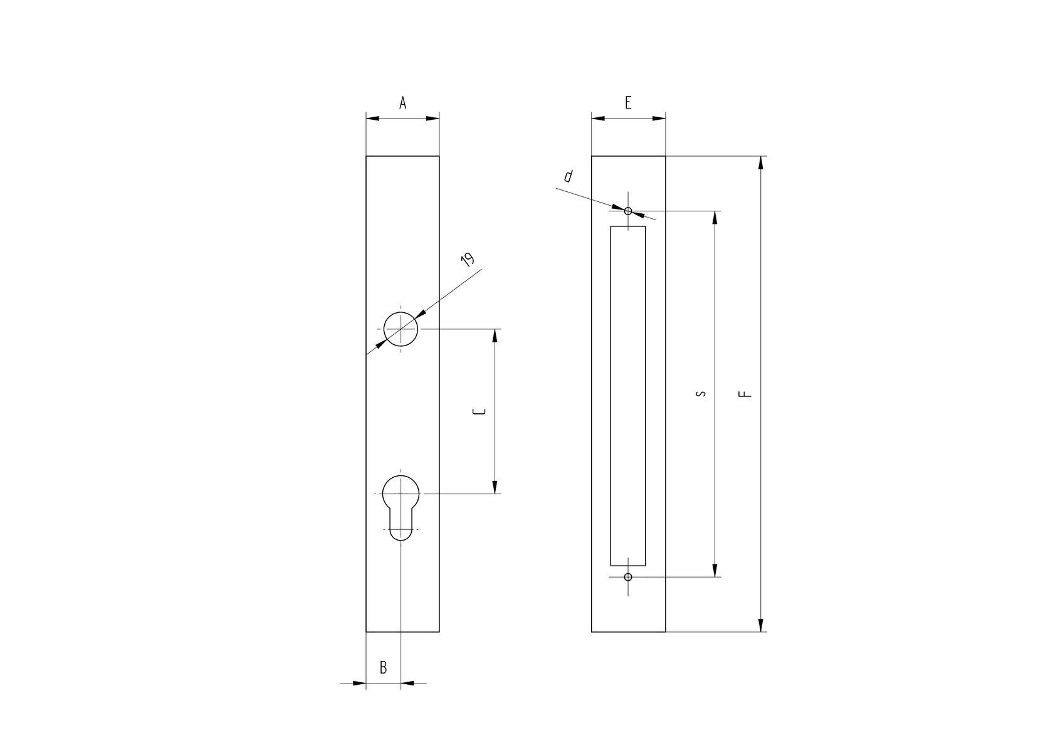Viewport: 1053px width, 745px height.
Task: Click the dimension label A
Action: pos(403,103)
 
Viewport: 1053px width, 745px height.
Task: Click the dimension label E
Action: pos(628,103)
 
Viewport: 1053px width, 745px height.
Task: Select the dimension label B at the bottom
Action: pos(384,667)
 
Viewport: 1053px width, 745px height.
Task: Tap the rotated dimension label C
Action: pos(479,411)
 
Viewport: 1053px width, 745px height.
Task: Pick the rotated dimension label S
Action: pos(701,394)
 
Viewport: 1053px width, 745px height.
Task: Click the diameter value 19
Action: pos(468,260)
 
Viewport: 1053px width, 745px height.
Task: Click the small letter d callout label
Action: pos(568,177)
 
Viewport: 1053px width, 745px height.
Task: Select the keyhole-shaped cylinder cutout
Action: pos(401,505)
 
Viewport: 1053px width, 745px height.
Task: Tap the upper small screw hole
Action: pos(628,211)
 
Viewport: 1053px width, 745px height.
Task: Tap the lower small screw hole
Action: pos(628,577)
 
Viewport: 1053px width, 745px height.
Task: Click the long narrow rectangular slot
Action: pos(628,395)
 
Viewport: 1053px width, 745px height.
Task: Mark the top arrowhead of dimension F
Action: pos(761,162)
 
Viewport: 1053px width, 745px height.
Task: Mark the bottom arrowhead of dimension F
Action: pos(761,625)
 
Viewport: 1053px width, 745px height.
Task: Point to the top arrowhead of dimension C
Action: pos(495,336)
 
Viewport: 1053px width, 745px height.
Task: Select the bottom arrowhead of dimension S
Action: pos(715,570)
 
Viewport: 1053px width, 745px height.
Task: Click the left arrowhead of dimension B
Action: pos(359,683)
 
